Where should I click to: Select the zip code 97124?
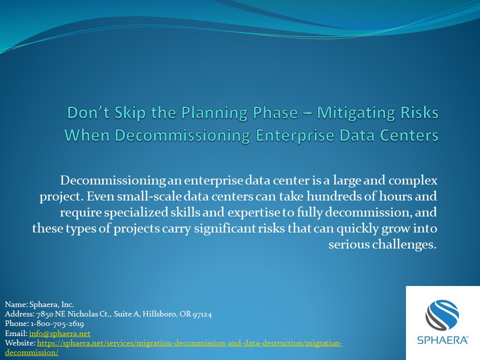point(202,314)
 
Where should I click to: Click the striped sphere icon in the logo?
point(442,314)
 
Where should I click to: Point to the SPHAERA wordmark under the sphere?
point(442,340)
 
